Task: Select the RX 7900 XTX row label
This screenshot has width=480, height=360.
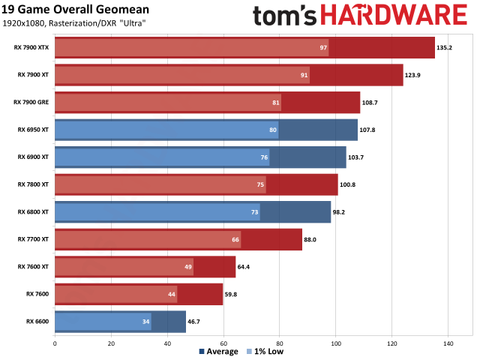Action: [32, 47]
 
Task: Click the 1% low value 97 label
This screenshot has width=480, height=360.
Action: [323, 47]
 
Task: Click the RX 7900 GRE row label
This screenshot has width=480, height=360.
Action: [32, 102]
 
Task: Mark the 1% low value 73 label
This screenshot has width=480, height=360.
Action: [255, 212]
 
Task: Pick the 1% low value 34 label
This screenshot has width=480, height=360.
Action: [146, 321]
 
